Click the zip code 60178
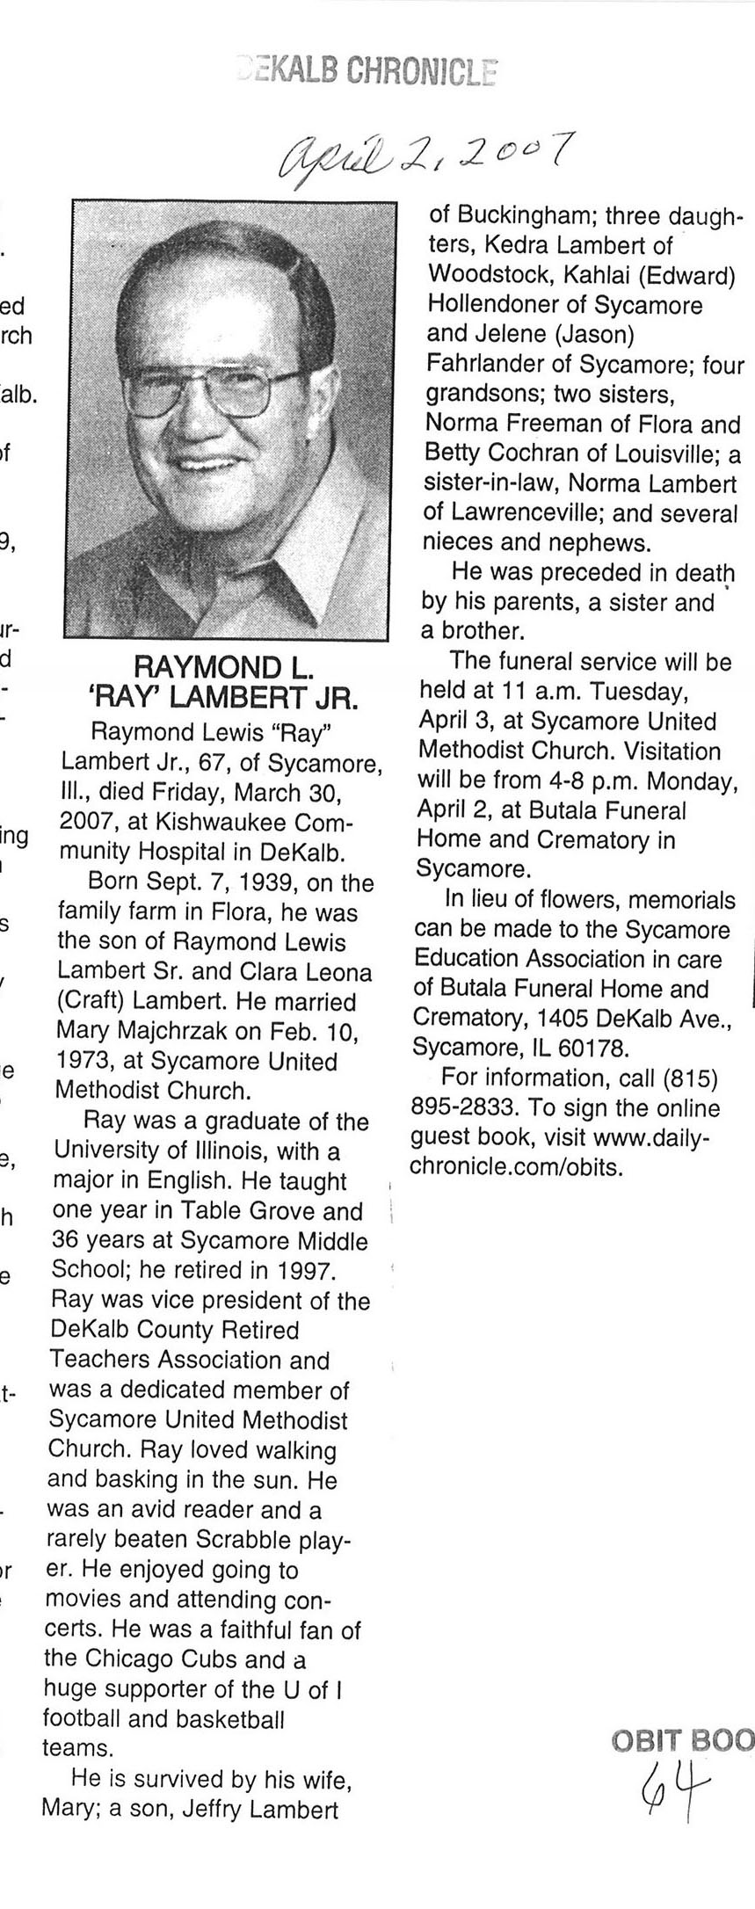[x=598, y=1048]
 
